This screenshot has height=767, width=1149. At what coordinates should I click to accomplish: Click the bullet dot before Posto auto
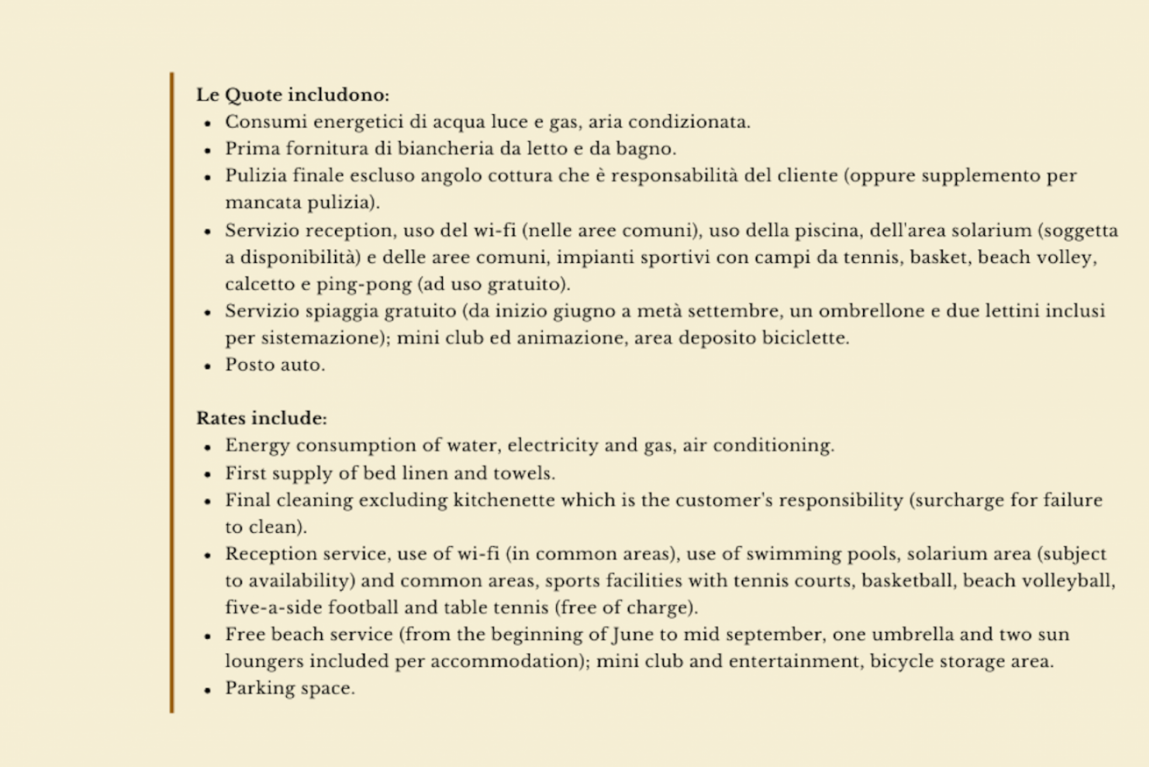click(208, 366)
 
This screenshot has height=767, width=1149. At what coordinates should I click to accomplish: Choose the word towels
click(526, 473)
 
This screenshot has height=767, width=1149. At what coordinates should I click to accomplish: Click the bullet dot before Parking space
click(208, 690)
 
